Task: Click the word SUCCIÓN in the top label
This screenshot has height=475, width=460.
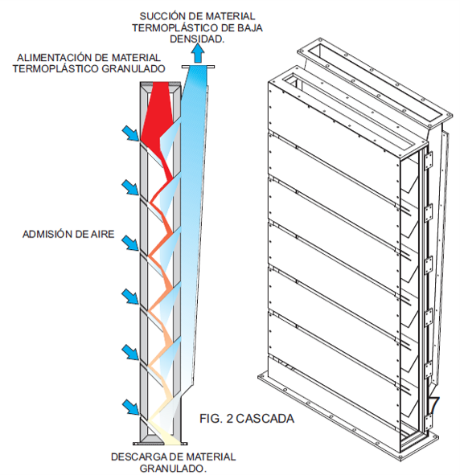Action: click(x=158, y=16)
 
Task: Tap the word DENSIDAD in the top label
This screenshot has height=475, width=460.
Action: click(x=195, y=39)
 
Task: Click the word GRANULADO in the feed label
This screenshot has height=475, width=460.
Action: click(x=133, y=69)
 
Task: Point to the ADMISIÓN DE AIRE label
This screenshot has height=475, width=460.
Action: click(x=68, y=234)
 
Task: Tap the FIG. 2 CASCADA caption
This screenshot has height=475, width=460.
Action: click(x=247, y=419)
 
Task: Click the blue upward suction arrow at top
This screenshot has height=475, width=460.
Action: click(x=198, y=53)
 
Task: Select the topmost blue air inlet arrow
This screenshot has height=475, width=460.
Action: click(x=131, y=133)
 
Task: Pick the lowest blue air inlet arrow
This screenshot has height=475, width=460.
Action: click(x=131, y=407)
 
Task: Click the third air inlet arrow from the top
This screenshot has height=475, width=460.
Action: click(x=131, y=243)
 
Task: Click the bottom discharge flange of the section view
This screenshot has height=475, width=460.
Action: click(x=160, y=444)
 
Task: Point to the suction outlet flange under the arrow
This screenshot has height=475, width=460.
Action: click(x=198, y=67)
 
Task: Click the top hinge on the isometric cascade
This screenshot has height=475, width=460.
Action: click(x=429, y=161)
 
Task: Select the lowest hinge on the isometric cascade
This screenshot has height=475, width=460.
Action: click(x=427, y=421)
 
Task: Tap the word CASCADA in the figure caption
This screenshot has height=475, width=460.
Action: click(x=265, y=419)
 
